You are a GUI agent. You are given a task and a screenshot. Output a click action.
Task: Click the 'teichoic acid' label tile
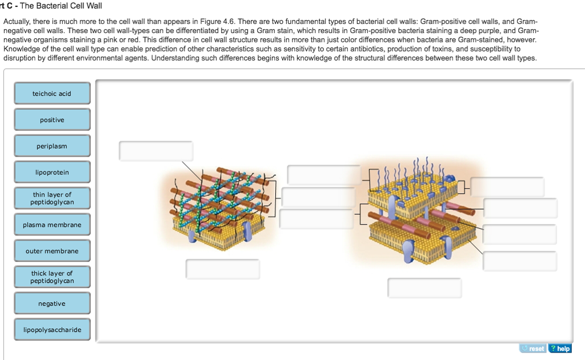(52, 94)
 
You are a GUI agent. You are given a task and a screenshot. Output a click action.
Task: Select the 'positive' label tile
(52, 120)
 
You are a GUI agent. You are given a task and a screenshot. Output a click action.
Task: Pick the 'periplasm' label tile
(52, 146)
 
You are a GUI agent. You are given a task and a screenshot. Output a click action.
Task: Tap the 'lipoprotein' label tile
(52, 173)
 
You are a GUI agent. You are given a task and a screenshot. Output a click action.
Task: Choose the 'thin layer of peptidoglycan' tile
(52, 199)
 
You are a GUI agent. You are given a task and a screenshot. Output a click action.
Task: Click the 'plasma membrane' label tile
(52, 225)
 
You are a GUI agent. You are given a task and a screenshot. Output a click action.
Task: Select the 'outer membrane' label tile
(52, 251)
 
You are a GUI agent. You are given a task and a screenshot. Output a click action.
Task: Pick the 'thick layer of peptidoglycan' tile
(52, 277)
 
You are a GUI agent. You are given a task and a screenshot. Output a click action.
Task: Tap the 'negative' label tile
(52, 303)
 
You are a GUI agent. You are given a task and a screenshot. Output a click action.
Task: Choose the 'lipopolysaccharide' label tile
(52, 330)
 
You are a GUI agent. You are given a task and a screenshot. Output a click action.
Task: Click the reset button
(532, 349)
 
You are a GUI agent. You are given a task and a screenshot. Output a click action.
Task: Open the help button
(560, 349)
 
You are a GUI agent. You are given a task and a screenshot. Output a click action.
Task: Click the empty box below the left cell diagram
(223, 269)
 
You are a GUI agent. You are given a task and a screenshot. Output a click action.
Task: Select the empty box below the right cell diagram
(424, 288)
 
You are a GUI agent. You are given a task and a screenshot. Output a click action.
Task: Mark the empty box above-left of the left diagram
(156, 151)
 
